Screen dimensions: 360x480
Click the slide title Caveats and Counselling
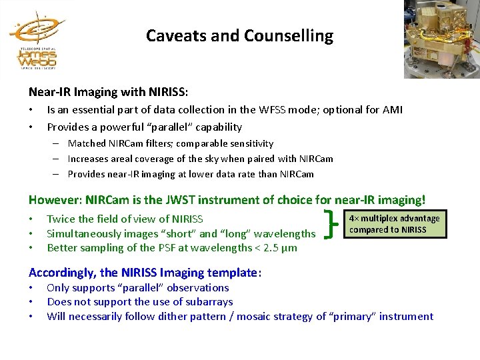coord(239,36)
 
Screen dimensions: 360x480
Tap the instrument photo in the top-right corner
coord(441,37)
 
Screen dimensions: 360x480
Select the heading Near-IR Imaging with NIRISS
coord(108,91)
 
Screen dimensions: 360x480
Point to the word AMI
coord(392,110)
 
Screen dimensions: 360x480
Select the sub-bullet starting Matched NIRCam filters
coord(170,143)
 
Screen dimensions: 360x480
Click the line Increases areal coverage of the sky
coord(200,159)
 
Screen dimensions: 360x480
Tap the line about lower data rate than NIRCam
coord(190,174)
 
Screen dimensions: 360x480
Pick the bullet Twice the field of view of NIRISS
coord(125,219)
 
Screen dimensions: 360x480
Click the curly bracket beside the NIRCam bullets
coord(329,224)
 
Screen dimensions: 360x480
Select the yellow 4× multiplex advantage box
coord(395,224)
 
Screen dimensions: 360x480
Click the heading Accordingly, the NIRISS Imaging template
coord(145,272)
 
